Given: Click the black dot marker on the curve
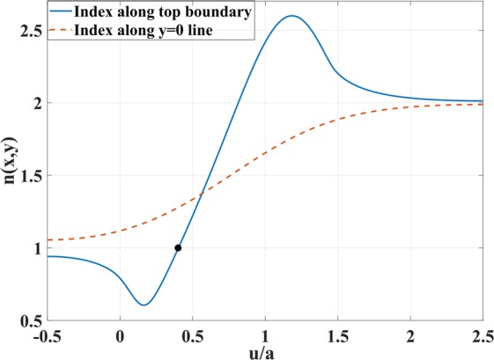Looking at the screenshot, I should [178, 248].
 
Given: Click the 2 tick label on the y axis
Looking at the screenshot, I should [35, 103].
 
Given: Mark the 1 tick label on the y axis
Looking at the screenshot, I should [35, 248].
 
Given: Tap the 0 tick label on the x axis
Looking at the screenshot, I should [120, 334].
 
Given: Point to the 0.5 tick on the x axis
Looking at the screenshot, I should [192, 334].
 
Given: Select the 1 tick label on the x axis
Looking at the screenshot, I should [265, 334].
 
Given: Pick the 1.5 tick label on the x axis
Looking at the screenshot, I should [338, 334].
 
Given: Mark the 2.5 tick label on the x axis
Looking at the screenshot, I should [480, 334].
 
